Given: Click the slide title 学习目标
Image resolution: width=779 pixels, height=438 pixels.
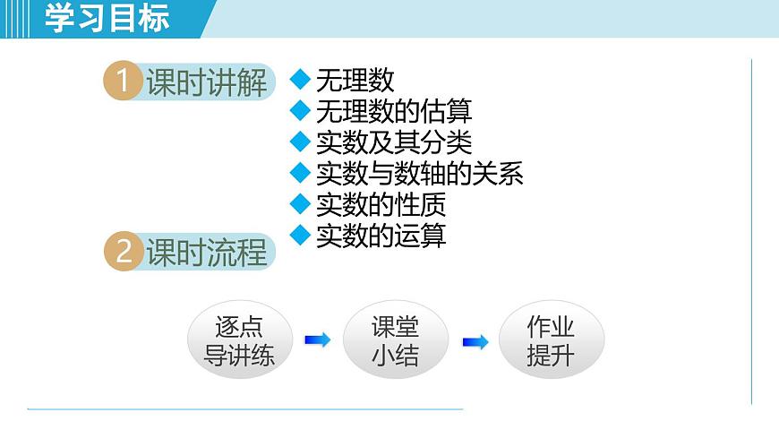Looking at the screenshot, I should pyautogui.click(x=107, y=19).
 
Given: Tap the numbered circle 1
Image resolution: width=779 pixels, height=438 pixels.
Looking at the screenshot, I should pyautogui.click(x=124, y=82).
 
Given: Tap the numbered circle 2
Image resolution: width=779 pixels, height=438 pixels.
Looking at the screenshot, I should pyautogui.click(x=124, y=252).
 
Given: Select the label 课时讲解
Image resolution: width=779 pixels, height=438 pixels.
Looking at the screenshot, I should pyautogui.click(x=207, y=82).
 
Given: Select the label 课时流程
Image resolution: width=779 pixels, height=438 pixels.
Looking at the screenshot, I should pyautogui.click(x=207, y=252).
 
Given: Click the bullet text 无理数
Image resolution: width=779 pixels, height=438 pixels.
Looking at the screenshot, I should pyautogui.click(x=355, y=81).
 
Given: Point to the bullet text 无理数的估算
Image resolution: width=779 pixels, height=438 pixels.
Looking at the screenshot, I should pyautogui.click(x=394, y=112).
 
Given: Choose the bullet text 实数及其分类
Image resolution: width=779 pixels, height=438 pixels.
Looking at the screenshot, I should pyautogui.click(x=394, y=142).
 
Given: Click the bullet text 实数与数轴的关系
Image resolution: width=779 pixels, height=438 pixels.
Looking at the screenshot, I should pyautogui.click(x=420, y=173).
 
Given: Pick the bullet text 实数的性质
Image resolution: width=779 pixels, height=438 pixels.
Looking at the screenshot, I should pyautogui.click(x=381, y=204).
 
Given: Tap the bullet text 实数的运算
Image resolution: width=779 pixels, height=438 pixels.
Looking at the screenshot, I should pyautogui.click(x=381, y=235).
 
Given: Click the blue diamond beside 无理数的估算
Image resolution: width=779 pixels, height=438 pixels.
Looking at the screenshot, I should pyautogui.click(x=300, y=111).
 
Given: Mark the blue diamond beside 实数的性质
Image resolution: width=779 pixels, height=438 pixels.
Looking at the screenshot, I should pyautogui.click(x=300, y=203).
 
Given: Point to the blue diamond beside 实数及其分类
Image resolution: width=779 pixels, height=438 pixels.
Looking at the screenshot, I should pyautogui.click(x=300, y=142).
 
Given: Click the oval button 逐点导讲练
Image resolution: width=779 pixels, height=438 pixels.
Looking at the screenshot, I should pyautogui.click(x=239, y=340).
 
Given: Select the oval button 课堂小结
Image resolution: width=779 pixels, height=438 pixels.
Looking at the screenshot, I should pyautogui.click(x=395, y=340).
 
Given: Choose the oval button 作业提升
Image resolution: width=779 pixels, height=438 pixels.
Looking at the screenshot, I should pyautogui.click(x=551, y=340).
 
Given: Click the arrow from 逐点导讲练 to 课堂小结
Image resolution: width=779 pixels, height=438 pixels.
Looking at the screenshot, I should pyautogui.click(x=317, y=340).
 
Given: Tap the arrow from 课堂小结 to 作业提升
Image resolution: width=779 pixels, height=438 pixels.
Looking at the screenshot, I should pyautogui.click(x=475, y=341).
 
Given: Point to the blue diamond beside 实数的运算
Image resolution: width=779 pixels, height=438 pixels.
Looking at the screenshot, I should pyautogui.click(x=300, y=234).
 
